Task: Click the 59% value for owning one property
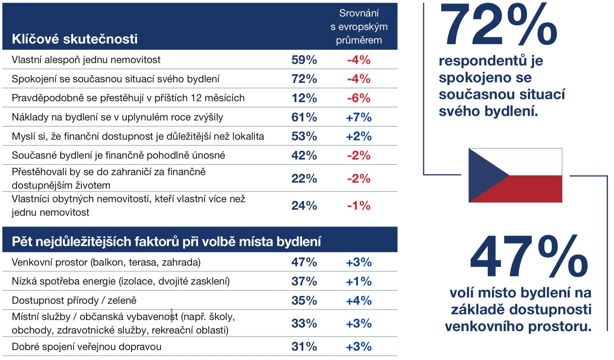tap(304, 60)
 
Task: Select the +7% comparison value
tap(359, 117)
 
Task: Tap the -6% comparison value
tap(359, 98)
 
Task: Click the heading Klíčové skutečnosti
tap(75, 39)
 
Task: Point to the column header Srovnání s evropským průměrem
tap(359, 27)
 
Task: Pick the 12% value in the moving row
tap(304, 98)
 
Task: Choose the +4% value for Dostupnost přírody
tap(359, 301)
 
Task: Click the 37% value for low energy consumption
tap(304, 282)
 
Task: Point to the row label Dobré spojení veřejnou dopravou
tap(87, 347)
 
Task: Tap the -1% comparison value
tap(359, 206)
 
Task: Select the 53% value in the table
tap(304, 136)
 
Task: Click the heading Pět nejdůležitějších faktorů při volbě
tap(166, 242)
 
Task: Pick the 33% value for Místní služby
tap(304, 324)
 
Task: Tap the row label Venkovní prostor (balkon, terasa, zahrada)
tap(106, 262)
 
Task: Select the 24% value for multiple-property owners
tap(304, 206)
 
